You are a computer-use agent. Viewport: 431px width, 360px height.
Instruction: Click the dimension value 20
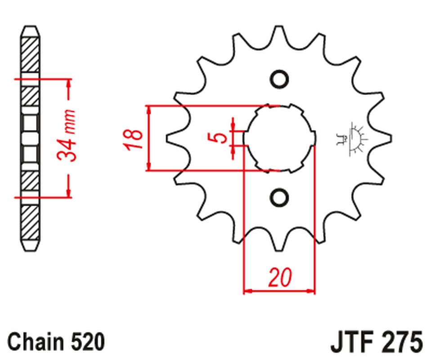pos(279,278)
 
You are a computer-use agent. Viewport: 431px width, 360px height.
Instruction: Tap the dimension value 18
pos(134,139)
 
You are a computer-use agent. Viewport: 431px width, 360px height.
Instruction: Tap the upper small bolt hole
pos(279,79)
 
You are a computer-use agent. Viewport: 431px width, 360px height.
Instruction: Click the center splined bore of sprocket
pos(279,138)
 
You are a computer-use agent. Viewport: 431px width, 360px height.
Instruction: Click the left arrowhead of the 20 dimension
pos(247,292)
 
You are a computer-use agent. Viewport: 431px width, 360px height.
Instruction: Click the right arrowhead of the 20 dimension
pos(311,292)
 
